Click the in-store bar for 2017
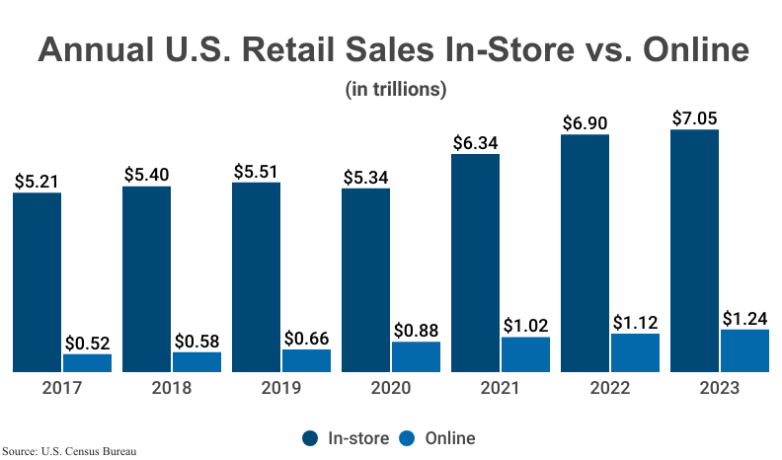[38, 281]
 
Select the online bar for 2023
[744, 350]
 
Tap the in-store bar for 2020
[365, 279]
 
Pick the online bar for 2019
[306, 360]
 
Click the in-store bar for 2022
[585, 253]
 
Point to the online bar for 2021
[525, 354]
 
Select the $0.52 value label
[88, 344]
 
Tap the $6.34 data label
[475, 143]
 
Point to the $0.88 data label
[416, 331]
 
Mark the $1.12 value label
[635, 323]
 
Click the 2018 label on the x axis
[172, 387]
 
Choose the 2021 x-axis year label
[501, 387]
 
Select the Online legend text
[450, 438]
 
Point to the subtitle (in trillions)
[396, 89]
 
